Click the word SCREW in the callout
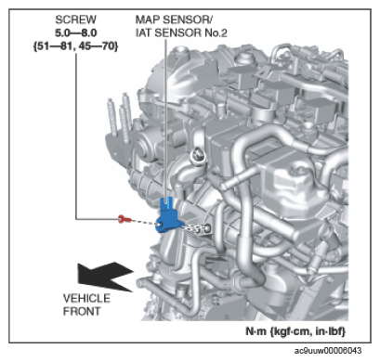pos(75,19)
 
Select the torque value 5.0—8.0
pos(76,32)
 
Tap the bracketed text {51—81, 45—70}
pos(76,46)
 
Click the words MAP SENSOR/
pos(174,19)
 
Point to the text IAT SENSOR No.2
pos(181,32)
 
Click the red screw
pos(124,219)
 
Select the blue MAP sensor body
pos(169,216)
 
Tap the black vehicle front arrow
pos(106,277)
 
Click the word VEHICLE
pos(86,298)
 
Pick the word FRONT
pos(82,311)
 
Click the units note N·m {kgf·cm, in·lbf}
pos(295,331)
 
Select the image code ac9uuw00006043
pos(328,351)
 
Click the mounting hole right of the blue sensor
pos(207,228)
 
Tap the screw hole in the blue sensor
pos(160,224)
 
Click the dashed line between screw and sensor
pos(145,222)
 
